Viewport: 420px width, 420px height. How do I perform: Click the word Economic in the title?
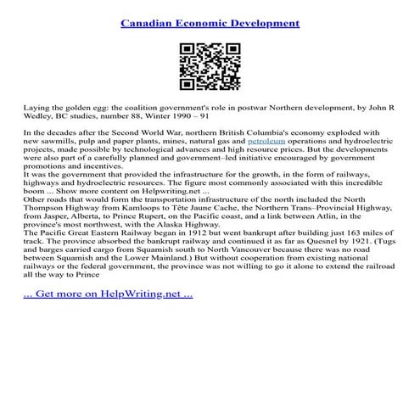pos(204,22)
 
